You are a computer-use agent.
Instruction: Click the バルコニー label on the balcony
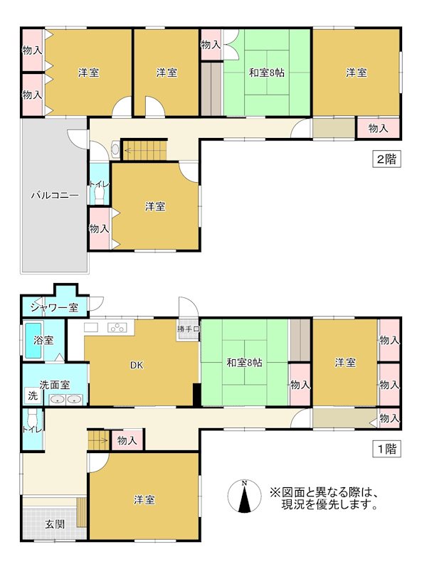click(x=54, y=195)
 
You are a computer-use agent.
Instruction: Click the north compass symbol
click(x=244, y=496)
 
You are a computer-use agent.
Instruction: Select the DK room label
click(x=137, y=366)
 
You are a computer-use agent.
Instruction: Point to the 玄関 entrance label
click(x=54, y=524)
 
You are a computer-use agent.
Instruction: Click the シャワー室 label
click(x=54, y=307)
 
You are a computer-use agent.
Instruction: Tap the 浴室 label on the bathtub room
click(x=43, y=340)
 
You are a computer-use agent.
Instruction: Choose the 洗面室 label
click(x=54, y=384)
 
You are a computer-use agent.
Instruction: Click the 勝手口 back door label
click(x=188, y=329)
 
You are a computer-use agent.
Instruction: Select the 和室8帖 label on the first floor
click(x=245, y=363)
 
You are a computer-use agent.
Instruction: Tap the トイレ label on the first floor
click(x=31, y=429)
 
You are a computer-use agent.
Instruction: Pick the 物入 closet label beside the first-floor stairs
click(x=127, y=441)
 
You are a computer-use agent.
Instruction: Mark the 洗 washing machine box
click(x=32, y=395)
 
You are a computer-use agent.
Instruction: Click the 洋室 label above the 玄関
click(x=144, y=500)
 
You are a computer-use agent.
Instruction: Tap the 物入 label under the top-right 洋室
click(x=377, y=129)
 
